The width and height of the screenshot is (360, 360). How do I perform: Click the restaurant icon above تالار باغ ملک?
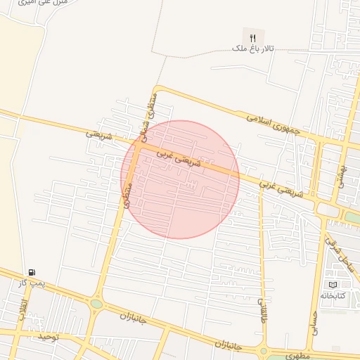click(x=252, y=37)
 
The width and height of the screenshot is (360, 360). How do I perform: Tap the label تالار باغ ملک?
click(x=253, y=49)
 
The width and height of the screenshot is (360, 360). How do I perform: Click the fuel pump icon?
click(x=32, y=271)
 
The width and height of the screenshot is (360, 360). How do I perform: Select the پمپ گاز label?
click(x=32, y=282)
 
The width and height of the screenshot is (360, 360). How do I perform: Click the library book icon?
click(x=333, y=284)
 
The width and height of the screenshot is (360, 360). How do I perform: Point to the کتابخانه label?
click(x=333, y=295)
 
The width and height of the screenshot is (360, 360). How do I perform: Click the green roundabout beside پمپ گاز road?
click(x=96, y=304)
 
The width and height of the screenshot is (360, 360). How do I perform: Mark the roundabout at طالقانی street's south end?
click(x=263, y=350)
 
